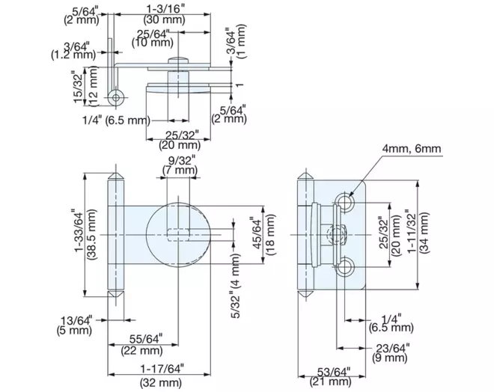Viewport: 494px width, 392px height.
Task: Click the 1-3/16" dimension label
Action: click(165, 8)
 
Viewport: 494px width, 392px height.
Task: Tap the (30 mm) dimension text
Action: click(164, 19)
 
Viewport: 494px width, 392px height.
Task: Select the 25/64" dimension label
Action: click(153, 34)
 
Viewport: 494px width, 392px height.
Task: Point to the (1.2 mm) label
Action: click(73, 55)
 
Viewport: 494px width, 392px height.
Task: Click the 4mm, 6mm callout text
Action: click(412, 148)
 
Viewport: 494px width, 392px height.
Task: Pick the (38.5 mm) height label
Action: click(93, 235)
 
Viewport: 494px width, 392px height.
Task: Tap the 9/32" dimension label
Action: click(181, 160)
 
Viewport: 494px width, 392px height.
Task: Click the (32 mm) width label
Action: click(161, 382)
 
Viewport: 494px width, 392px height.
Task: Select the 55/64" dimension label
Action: click(146, 339)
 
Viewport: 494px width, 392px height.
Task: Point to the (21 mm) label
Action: click(331, 382)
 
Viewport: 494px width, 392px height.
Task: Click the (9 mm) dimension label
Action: click(390, 358)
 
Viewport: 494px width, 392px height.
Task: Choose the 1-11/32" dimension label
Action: click(412, 231)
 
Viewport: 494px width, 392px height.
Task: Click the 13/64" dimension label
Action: click(76, 321)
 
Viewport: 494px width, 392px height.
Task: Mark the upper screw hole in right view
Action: click(345, 201)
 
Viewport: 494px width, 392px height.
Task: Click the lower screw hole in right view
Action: click(345, 267)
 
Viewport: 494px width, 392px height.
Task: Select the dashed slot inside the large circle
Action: click(178, 235)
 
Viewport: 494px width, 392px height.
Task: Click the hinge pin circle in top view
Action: click(116, 97)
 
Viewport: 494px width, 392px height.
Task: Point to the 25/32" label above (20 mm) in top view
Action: click(182, 135)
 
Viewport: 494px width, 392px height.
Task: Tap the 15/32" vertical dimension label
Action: click(79, 86)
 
